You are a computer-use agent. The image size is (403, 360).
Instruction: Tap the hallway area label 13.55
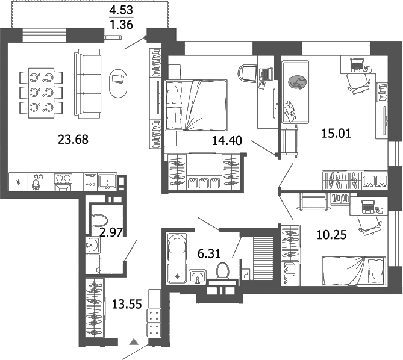pos(127,304)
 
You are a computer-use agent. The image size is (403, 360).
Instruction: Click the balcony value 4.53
pos(120,11)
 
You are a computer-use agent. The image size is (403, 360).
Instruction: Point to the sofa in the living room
pos(87,84)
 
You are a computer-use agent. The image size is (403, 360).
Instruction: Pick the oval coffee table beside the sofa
pos(118,82)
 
